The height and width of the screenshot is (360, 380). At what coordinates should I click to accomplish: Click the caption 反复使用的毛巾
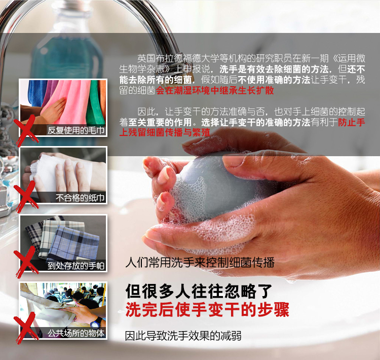[x=76, y=130]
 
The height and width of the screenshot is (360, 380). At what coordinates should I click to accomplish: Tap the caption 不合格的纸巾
[x=80, y=198]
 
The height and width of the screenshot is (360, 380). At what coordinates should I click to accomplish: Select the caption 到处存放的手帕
[x=76, y=266]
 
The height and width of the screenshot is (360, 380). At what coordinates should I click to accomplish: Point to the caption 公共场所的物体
[x=76, y=333]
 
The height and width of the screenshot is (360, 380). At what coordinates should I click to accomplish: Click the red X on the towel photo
[x=25, y=130]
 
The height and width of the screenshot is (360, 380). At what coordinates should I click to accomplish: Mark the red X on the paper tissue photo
[x=25, y=197]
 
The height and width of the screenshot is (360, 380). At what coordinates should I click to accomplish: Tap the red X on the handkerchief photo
[x=25, y=262]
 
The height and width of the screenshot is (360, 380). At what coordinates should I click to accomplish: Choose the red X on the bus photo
[x=25, y=328]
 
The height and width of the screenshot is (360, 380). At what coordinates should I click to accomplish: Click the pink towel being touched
[x=70, y=102]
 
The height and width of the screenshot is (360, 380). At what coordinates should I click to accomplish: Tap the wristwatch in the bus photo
[x=96, y=322]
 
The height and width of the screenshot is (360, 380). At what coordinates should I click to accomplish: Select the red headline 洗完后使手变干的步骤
[x=207, y=309]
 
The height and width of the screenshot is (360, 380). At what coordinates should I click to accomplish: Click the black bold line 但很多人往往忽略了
[x=199, y=291]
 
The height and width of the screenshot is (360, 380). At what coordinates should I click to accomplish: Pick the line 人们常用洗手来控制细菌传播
[x=200, y=263]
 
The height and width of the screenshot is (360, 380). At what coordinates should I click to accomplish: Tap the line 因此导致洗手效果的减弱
[x=183, y=336]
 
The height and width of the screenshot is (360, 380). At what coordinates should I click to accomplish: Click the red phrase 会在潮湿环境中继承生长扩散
[x=215, y=90]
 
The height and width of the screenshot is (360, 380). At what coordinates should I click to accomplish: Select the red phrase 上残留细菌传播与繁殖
[x=165, y=132]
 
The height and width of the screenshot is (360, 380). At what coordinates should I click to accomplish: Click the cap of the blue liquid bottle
[x=72, y=7]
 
